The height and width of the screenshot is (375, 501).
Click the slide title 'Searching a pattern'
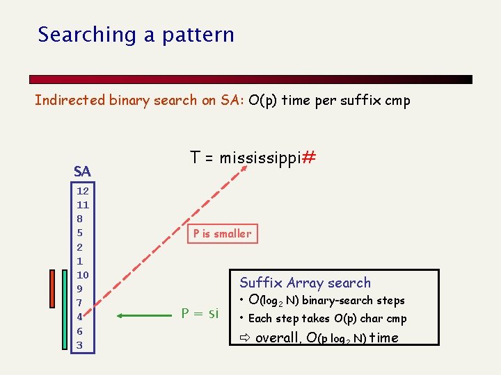[x=136, y=35]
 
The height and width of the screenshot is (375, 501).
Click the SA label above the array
[x=82, y=171]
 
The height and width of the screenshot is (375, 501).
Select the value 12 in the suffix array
[x=83, y=190]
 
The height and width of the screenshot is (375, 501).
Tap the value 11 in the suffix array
[x=83, y=205]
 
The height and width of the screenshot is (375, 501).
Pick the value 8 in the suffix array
[x=80, y=219]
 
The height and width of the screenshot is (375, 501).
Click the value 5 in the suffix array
[x=80, y=233]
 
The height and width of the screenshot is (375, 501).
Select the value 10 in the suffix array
[x=83, y=275]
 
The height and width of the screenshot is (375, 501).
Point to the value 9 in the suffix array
[x=80, y=289]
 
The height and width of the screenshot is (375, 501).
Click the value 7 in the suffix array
[x=80, y=303]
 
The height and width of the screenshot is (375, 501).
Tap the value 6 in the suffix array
[x=80, y=331]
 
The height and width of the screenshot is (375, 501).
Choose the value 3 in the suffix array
[x=80, y=345]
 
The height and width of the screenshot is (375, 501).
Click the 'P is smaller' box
[x=222, y=234]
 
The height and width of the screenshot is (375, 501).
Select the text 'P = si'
[x=200, y=314]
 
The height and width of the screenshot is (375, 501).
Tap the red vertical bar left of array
[x=51, y=287]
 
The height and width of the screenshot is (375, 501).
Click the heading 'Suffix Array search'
[x=305, y=283]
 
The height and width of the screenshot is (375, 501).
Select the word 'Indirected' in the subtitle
[x=70, y=100]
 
